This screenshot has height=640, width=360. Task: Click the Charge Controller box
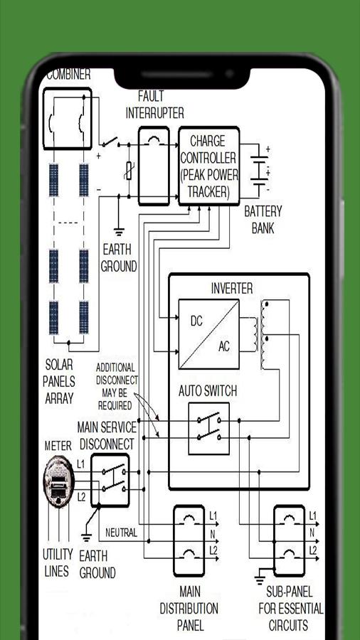(x=208, y=166)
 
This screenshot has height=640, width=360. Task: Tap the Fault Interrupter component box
(x=154, y=166)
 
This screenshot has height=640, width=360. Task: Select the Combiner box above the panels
(x=68, y=118)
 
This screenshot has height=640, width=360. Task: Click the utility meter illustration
(x=59, y=481)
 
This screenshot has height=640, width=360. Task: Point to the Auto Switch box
(x=208, y=428)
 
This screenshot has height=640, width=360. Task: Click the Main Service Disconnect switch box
(x=110, y=480)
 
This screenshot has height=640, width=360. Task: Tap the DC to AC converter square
(x=208, y=334)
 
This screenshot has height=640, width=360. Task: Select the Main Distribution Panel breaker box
(x=189, y=540)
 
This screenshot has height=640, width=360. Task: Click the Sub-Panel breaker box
(x=289, y=540)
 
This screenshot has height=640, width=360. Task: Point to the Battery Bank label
(x=263, y=220)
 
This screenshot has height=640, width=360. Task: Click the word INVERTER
(x=231, y=289)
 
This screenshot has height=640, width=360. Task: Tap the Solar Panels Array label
(x=59, y=381)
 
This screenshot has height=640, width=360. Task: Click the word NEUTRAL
(x=121, y=532)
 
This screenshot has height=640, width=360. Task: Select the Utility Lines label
(x=58, y=563)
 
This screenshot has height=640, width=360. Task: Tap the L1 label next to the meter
(x=81, y=464)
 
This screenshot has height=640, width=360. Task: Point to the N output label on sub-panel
(x=312, y=533)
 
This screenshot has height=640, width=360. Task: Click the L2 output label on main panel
(x=213, y=550)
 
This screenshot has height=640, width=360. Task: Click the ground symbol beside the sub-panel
(x=259, y=578)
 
